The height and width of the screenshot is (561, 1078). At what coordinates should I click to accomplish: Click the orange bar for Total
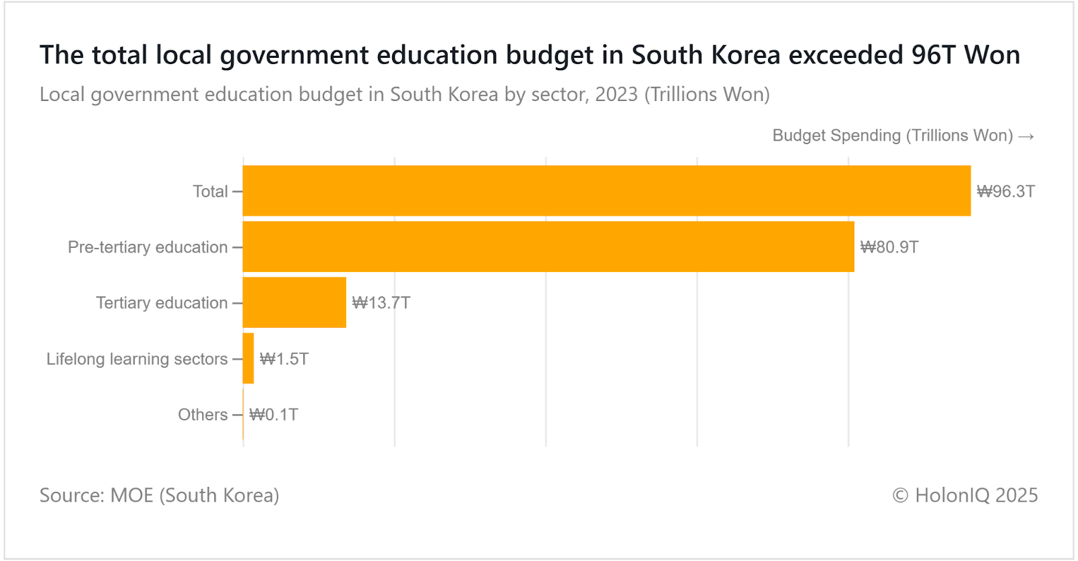(606, 191)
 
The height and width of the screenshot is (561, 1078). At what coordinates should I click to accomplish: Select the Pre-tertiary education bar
(548, 246)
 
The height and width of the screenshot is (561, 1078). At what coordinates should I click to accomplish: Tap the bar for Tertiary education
(294, 302)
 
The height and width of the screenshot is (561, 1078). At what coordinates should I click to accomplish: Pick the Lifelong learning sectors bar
(249, 358)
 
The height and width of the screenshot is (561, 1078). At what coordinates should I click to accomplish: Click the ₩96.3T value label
(1006, 191)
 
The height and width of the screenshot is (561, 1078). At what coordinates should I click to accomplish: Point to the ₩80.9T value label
(889, 247)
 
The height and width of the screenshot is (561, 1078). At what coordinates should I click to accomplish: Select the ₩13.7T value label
(381, 303)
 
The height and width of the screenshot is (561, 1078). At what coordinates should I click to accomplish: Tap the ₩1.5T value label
(284, 359)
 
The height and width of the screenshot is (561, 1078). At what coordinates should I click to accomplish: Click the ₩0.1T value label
(274, 415)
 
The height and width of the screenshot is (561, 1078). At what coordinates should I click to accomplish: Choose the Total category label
(210, 191)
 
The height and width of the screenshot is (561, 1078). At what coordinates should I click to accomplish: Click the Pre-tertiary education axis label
(148, 247)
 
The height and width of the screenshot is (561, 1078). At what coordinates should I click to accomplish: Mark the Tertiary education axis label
(162, 303)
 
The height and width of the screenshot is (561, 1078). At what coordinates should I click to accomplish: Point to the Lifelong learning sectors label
(137, 359)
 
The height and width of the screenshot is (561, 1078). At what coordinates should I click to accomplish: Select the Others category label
(202, 415)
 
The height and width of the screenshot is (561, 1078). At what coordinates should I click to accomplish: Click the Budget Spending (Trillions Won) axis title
(892, 135)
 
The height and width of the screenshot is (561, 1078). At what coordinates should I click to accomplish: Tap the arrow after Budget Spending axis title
(1026, 136)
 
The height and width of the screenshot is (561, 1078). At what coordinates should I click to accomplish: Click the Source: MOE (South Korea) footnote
(159, 495)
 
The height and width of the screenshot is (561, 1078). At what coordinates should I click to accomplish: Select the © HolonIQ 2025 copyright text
(965, 495)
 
